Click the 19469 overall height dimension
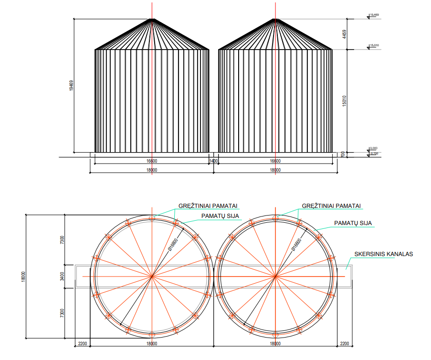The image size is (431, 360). click(x=71, y=86)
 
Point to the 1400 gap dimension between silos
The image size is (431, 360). click(x=213, y=161)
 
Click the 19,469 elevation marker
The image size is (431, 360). click(x=374, y=15)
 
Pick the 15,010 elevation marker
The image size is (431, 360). click(x=374, y=45)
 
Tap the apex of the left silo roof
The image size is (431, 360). click(x=152, y=19)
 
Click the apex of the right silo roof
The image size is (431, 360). click(x=275, y=19)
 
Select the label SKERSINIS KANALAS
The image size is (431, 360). click(x=383, y=254)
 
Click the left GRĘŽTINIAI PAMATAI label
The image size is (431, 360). click(x=208, y=206)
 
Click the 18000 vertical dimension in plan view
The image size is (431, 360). click(x=23, y=276)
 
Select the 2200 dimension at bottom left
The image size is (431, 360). click(x=82, y=343)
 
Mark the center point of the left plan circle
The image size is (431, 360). click(x=152, y=276)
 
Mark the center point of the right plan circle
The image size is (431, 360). click(x=275, y=276)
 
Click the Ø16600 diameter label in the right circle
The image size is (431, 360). click(x=297, y=245)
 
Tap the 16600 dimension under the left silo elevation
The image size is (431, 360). click(x=152, y=161)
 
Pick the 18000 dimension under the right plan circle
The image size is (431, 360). click(x=275, y=343)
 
